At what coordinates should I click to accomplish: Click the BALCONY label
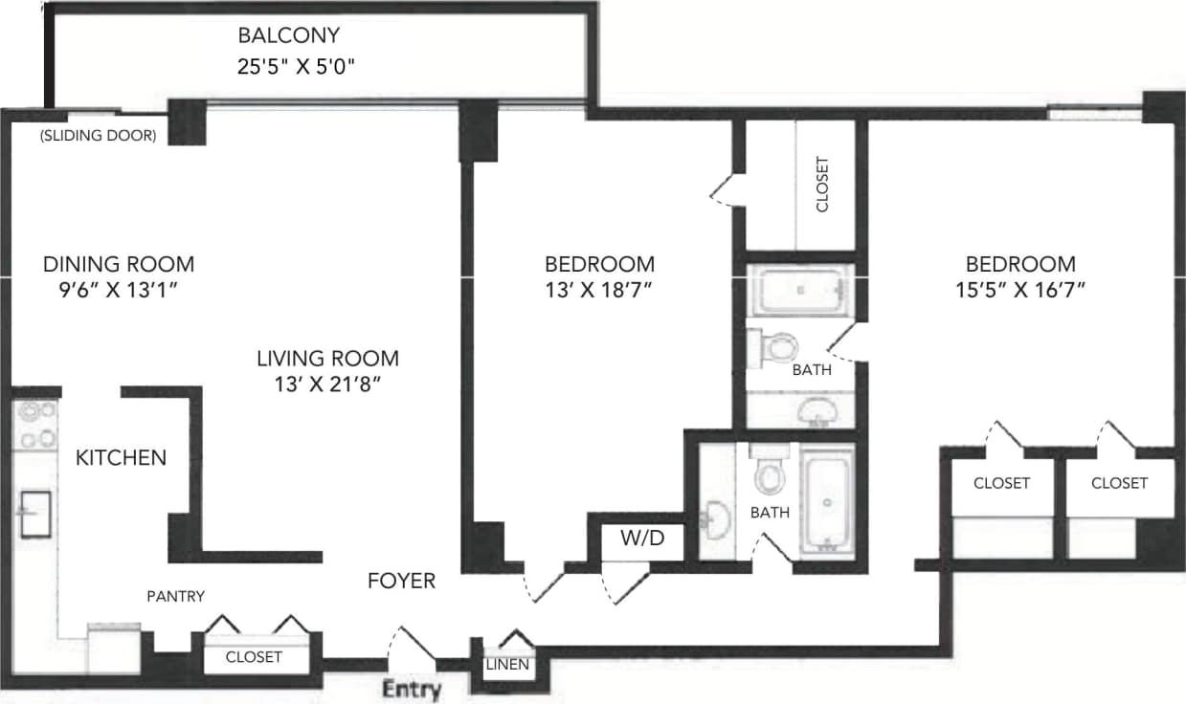(x=288, y=36)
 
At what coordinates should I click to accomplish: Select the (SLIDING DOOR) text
(x=98, y=136)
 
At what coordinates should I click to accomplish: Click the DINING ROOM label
(x=119, y=264)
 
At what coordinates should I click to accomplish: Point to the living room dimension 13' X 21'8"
(x=327, y=386)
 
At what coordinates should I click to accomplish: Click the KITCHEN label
(x=121, y=458)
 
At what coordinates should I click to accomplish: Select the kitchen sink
(x=36, y=513)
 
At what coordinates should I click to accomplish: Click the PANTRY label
(x=175, y=596)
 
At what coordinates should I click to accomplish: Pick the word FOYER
(x=402, y=581)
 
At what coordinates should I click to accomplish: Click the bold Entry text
(x=413, y=689)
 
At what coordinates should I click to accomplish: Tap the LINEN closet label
(x=507, y=665)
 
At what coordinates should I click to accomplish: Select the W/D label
(x=642, y=539)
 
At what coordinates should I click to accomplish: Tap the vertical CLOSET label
(x=822, y=185)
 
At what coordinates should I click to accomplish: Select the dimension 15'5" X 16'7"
(x=1020, y=291)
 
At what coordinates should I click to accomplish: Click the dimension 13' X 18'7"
(x=599, y=291)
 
